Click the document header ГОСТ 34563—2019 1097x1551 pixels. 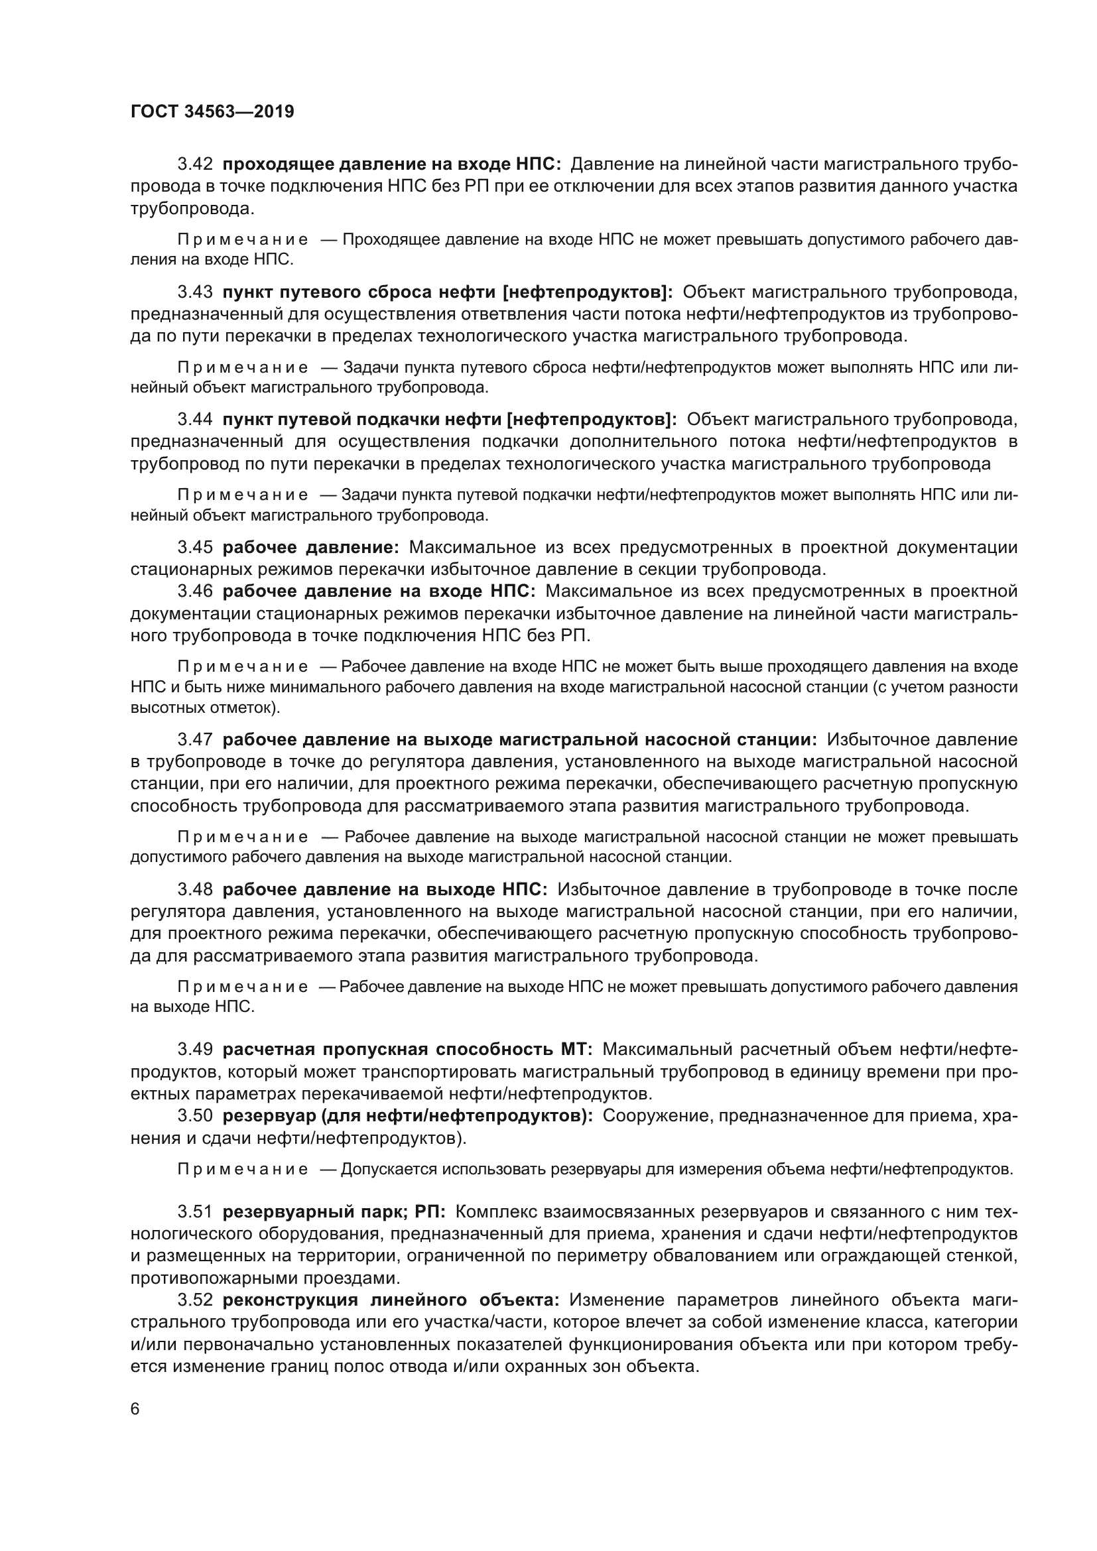tap(212, 112)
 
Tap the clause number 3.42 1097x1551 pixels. tap(195, 164)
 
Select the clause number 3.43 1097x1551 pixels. tap(195, 292)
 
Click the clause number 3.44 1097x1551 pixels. tap(195, 420)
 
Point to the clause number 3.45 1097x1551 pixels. tap(195, 546)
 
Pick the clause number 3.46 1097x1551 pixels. tap(195, 591)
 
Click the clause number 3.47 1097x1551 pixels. tap(195, 740)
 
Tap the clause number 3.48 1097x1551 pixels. tap(195, 890)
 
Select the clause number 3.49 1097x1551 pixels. tap(195, 1049)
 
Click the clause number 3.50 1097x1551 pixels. tap(195, 1116)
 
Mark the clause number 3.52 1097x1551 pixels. tap(195, 1300)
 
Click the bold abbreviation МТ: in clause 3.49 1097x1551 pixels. tap(576, 1049)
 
